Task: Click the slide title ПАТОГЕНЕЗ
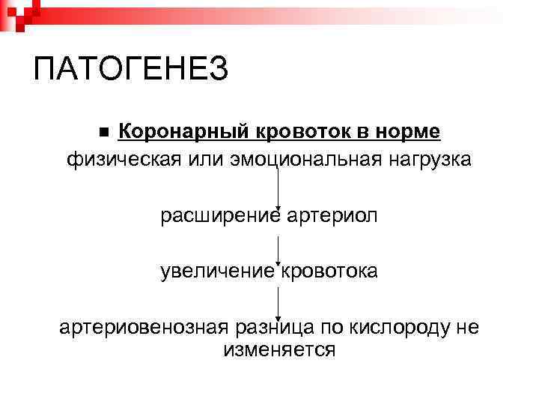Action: pyautogui.click(x=131, y=70)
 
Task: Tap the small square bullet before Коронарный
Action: pyautogui.click(x=104, y=133)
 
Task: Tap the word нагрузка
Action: pyautogui.click(x=429, y=160)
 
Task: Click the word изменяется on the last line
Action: pyautogui.click(x=278, y=349)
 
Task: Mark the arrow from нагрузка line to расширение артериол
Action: pyautogui.click(x=278, y=187)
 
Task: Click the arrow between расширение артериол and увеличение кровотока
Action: pyautogui.click(x=278, y=250)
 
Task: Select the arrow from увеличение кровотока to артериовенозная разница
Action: pyautogui.click(x=278, y=303)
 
